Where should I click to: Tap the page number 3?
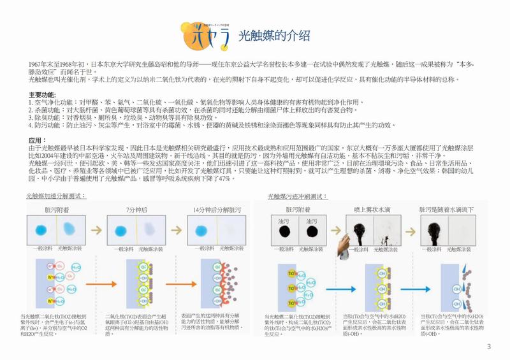point(489,347)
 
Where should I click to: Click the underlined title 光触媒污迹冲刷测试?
point(298,196)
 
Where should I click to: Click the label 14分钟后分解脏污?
point(215,209)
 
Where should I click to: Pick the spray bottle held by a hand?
point(347,245)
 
